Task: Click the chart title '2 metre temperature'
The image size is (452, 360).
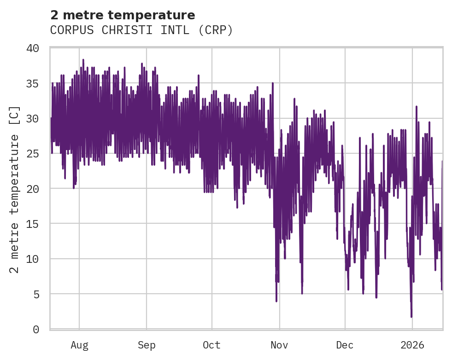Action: click(123, 15)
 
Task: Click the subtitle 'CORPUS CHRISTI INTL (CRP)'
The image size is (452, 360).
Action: click(141, 30)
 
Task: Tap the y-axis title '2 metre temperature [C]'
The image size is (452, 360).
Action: click(15, 189)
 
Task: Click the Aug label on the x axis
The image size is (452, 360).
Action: click(79, 345)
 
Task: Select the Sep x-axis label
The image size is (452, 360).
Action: click(147, 345)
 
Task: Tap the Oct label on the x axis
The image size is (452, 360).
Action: click(211, 345)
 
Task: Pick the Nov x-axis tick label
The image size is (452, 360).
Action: click(279, 345)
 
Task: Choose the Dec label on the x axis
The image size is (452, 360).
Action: click(345, 345)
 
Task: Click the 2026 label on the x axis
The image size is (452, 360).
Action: click(412, 345)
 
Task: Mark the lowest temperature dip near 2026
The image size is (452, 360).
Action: click(411, 316)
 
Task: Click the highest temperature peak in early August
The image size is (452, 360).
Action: click(83, 60)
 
